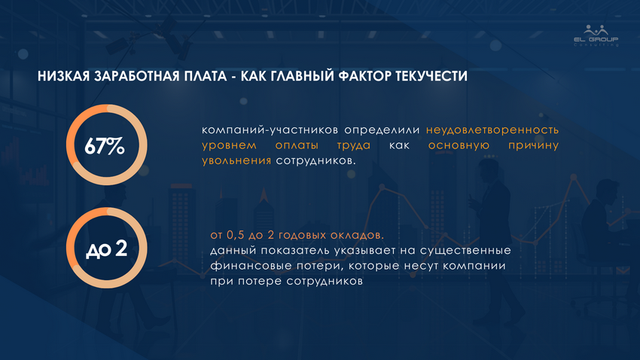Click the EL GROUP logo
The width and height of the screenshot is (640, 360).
pos(596,36)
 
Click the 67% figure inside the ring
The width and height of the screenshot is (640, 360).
pos(105,145)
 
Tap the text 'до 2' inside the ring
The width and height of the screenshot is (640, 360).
pos(106,249)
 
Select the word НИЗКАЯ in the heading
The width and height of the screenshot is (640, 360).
pos(63,76)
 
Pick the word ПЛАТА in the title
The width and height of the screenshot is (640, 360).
pos(206,76)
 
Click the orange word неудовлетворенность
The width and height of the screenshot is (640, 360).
pos(492,130)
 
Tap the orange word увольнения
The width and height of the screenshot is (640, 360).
pos(236,160)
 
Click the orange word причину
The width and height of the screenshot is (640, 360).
pos(534,145)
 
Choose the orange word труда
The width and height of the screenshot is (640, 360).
pos(354,145)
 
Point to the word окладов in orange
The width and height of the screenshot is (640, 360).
pos(357,235)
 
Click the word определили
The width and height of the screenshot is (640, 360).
pos(382,130)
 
